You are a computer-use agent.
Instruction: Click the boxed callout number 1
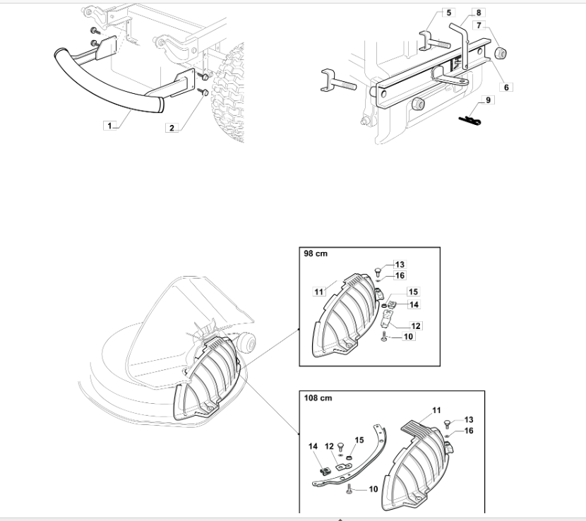pos(109,126)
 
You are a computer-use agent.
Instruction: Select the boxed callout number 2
pos(172,128)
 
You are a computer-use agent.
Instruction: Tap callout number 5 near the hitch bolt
pos(449,13)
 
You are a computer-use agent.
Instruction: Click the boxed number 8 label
pos(479,13)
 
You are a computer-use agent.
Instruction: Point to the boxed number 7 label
pos(479,26)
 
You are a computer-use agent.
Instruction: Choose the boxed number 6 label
pos(506,87)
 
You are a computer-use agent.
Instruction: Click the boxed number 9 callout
pos(488,100)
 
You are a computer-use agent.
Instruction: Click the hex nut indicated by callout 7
pos(500,54)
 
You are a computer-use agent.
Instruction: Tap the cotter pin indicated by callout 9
pos(470,120)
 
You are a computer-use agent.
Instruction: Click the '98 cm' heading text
pos(316,253)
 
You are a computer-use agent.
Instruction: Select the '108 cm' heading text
pos(318,398)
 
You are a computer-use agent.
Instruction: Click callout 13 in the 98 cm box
pos(400,265)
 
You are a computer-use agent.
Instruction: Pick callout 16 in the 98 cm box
pos(400,275)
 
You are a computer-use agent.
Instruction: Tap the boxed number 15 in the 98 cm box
pos(413,292)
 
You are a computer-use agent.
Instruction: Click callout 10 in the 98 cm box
pos(409,336)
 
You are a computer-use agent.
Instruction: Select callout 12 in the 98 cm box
pos(416,326)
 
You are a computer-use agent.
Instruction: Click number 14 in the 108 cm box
pos(313,446)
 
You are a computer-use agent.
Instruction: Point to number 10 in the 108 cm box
pos(373,489)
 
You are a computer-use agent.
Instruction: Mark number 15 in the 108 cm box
pos(359,441)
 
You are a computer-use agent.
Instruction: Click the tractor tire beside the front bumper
pos(229,93)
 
